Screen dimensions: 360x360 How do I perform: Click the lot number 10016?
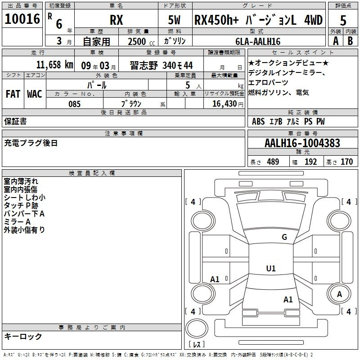click(22, 20)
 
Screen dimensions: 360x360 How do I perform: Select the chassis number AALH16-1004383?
click(302, 144)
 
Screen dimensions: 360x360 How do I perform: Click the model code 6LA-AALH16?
click(258, 41)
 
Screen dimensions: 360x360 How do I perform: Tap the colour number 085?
click(74, 104)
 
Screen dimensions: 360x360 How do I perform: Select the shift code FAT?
click(13, 94)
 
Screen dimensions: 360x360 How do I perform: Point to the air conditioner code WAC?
click(35, 94)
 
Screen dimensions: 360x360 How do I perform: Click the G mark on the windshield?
click(284, 237)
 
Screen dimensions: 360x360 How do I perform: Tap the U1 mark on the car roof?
click(271, 269)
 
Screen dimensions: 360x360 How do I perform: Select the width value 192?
click(311, 162)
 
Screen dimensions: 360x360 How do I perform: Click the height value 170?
click(346, 162)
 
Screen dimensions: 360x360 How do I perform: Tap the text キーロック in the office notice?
click(23, 336)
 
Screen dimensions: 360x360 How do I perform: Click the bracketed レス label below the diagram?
click(197, 345)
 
